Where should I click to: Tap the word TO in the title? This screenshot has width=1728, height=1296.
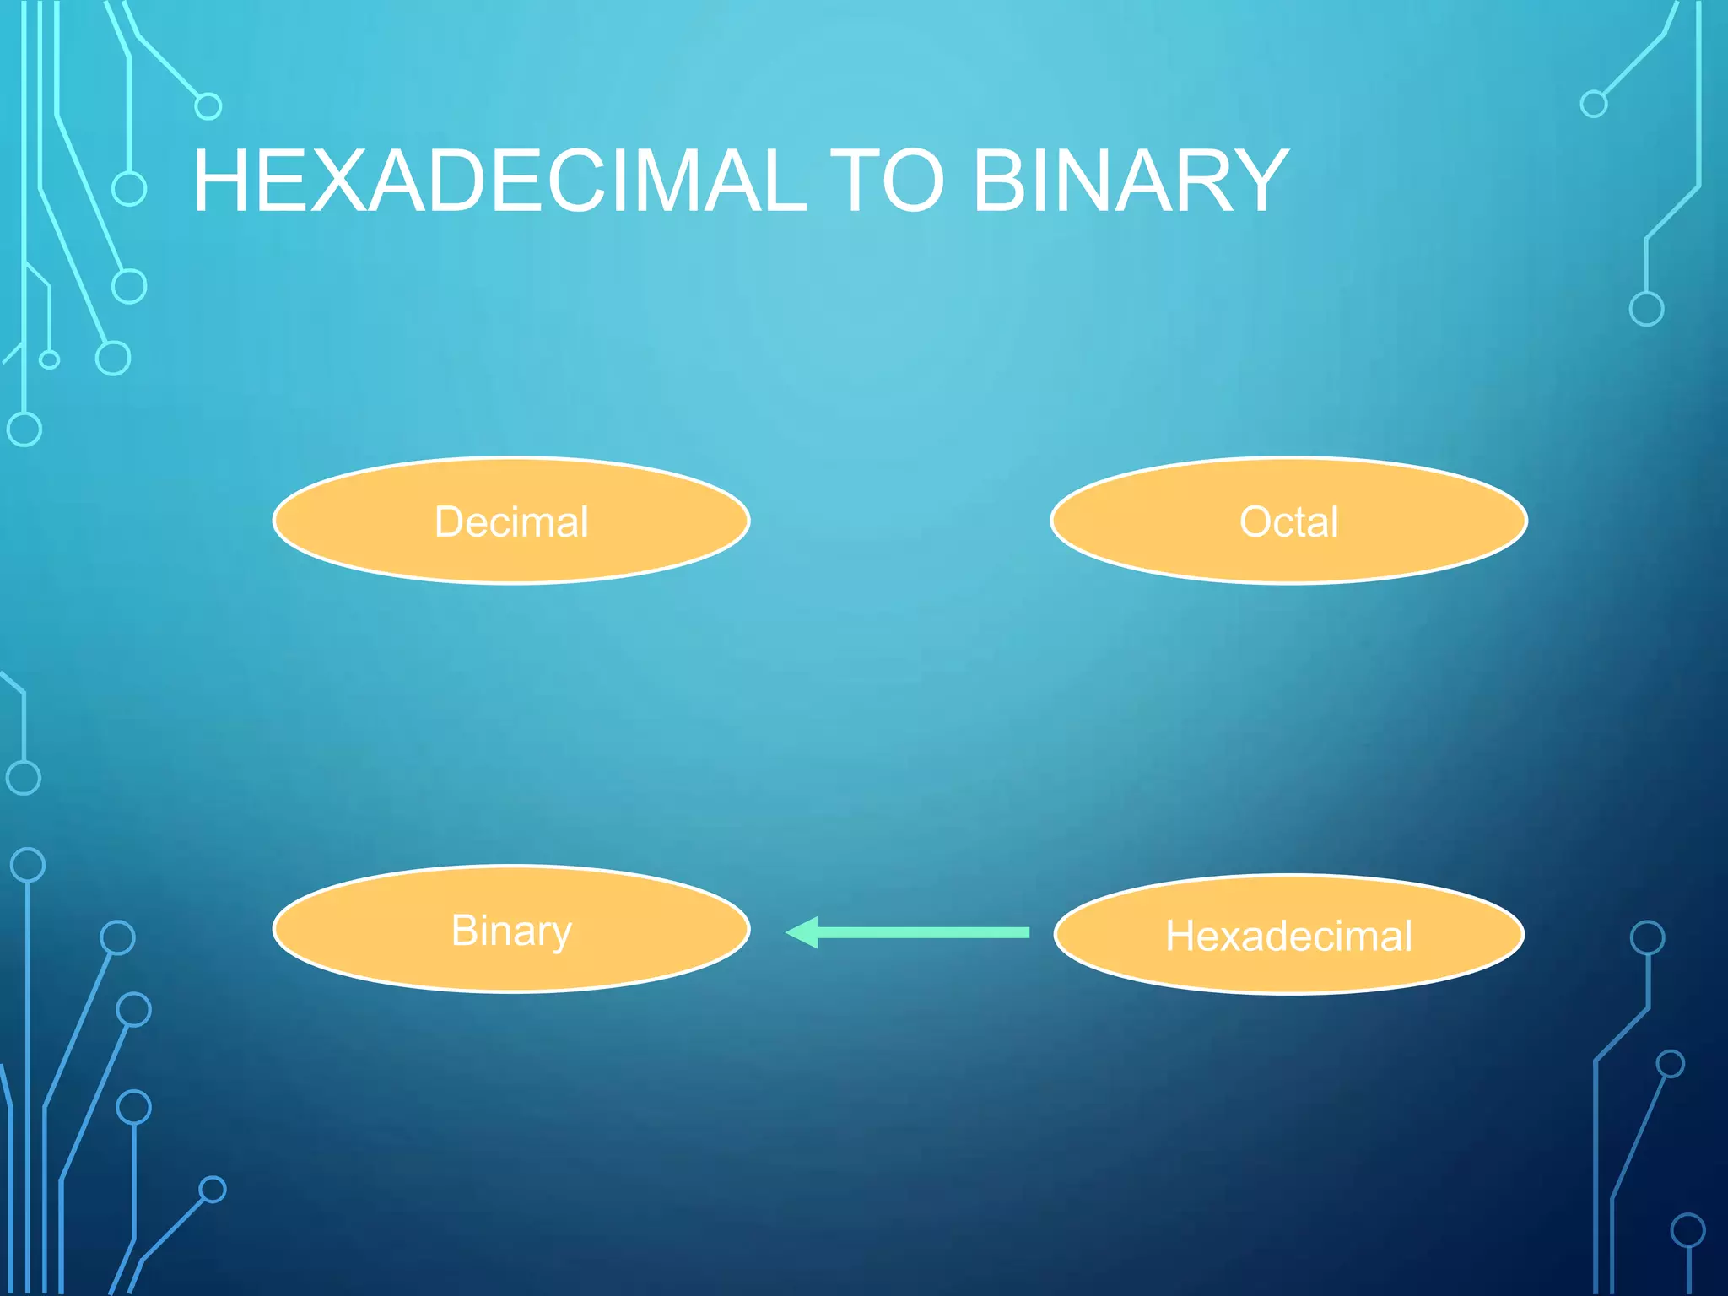coord(888,181)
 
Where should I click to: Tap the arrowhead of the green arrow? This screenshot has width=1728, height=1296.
coord(803,932)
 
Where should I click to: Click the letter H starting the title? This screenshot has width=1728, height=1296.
coord(224,181)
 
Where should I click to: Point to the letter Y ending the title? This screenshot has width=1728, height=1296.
coord(1257,181)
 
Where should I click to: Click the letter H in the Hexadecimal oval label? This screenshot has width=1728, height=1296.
coord(1181,936)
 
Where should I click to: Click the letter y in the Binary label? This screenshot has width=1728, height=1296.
coord(560,935)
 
